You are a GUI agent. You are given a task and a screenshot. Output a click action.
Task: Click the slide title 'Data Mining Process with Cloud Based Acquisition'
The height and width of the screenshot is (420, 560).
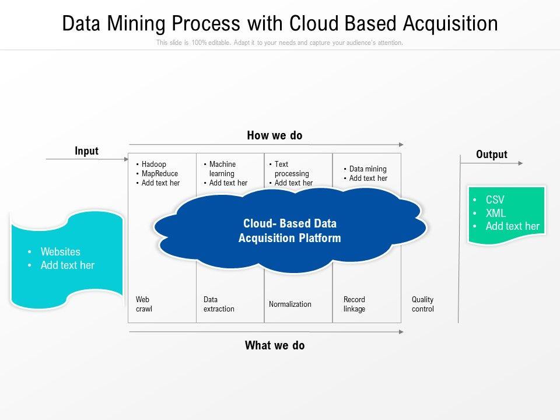280,23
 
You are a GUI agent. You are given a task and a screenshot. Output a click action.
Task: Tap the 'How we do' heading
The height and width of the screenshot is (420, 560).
275,136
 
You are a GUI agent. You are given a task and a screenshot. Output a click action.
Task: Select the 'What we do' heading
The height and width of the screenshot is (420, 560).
275,345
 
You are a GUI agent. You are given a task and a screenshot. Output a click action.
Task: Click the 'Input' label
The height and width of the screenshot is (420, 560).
86,151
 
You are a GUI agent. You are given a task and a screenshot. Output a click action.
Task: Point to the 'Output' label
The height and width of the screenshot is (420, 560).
492,155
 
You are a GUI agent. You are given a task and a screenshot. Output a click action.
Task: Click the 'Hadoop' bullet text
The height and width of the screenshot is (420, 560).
154,164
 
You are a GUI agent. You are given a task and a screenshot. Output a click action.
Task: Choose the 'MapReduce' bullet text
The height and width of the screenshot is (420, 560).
160,174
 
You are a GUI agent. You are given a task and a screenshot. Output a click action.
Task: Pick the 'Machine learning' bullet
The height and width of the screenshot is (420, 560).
222,169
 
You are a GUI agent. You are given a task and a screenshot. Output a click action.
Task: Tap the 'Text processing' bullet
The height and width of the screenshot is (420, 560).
291,169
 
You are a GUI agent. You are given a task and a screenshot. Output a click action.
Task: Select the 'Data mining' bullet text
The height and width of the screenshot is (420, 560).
367,169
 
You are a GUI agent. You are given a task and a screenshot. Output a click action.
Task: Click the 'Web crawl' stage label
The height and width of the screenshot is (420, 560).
144,304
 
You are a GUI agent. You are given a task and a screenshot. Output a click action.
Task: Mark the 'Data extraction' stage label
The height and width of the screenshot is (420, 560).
219,304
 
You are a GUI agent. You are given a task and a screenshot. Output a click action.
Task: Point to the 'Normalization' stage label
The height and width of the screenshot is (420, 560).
290,304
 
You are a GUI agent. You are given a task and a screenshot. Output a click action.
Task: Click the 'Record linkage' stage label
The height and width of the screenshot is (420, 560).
354,304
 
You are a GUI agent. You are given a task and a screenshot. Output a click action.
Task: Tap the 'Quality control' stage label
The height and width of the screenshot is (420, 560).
423,304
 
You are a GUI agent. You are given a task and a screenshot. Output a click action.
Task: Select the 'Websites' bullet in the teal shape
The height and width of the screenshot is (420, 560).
61,252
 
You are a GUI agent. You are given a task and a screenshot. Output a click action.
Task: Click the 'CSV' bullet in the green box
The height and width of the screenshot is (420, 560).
495,200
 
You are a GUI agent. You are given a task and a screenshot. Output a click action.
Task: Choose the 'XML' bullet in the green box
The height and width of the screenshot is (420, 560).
496,213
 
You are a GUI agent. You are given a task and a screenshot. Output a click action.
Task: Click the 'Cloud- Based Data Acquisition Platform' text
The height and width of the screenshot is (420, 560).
290,231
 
